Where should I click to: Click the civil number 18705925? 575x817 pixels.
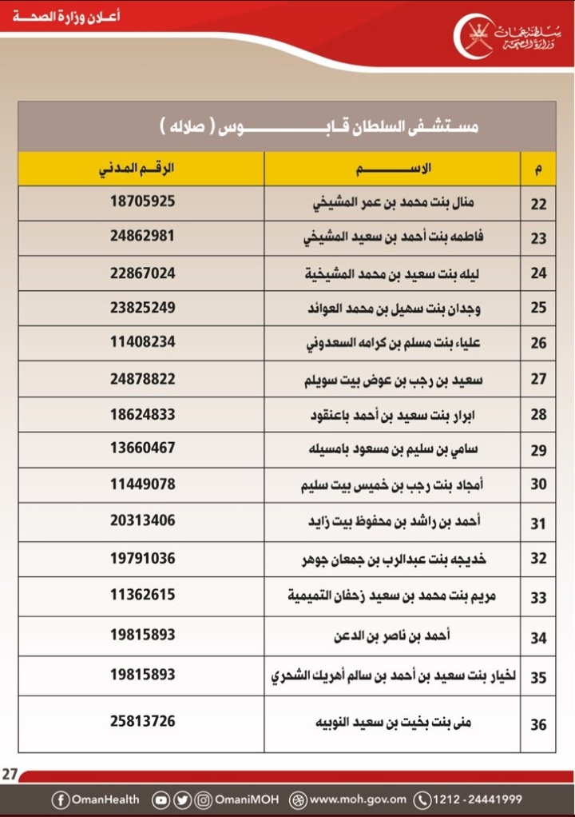click(x=142, y=202)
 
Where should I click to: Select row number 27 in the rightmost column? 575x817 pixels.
click(x=538, y=379)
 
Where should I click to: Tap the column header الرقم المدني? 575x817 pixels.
click(x=141, y=169)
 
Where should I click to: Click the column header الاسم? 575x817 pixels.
click(x=391, y=169)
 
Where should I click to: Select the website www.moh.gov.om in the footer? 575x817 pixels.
click(x=358, y=799)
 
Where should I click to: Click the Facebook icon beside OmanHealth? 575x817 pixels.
click(x=61, y=799)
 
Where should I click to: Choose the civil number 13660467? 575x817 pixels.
click(x=142, y=448)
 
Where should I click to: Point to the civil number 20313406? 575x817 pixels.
click(x=142, y=521)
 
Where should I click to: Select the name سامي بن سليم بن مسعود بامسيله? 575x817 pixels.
click(x=392, y=449)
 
